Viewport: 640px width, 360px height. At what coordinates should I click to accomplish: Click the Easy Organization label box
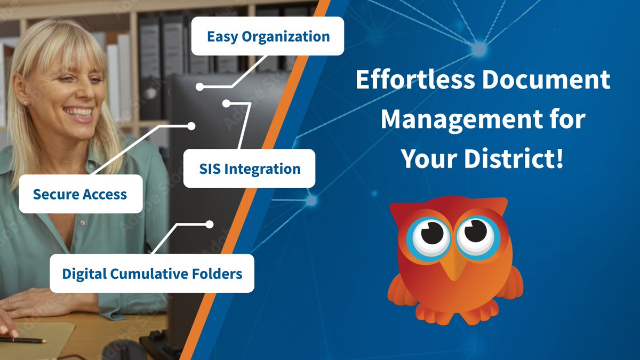(x=267, y=36)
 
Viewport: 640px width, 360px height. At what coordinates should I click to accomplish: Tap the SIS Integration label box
(x=249, y=169)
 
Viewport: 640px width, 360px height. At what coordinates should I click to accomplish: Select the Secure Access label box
(x=81, y=194)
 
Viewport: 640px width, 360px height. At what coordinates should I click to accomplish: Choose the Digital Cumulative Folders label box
(x=152, y=274)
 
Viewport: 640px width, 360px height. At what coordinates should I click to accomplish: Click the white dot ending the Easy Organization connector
(x=199, y=86)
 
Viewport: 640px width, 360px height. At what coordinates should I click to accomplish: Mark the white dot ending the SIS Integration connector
(x=226, y=102)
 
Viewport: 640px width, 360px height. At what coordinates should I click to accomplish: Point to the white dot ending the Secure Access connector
(x=191, y=126)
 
